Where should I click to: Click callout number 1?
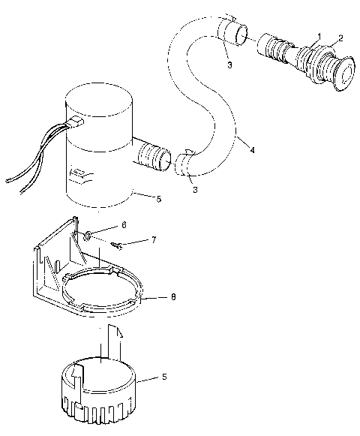click(319, 36)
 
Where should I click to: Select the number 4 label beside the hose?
click(252, 150)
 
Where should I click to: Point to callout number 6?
click(124, 224)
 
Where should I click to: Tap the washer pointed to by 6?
click(88, 236)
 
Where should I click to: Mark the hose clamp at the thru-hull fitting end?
click(232, 32)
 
